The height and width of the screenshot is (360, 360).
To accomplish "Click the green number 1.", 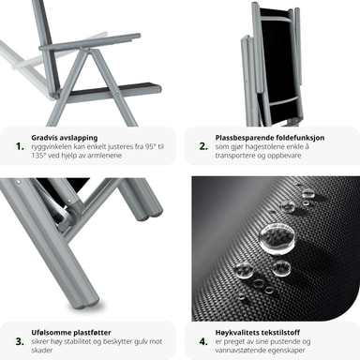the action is (20, 146).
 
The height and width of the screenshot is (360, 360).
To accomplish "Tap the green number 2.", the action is (203, 146).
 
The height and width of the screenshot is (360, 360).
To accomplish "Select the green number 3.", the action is (20, 341).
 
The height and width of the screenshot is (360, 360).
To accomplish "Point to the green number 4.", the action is (203, 341).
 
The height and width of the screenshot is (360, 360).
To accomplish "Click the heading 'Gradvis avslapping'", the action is (65, 138).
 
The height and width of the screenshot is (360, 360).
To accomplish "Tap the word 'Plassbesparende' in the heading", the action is (241, 138).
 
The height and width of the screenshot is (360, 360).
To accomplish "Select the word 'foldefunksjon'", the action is (297, 138).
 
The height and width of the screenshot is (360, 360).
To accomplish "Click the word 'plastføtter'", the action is (92, 333).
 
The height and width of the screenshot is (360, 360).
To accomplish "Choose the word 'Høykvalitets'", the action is (237, 333).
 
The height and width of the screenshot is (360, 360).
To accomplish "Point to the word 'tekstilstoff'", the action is (280, 333).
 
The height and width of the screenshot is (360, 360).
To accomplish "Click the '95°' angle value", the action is (149, 146).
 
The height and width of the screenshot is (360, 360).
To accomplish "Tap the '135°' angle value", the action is (38, 156).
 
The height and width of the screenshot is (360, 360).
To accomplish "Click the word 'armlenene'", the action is (104, 156).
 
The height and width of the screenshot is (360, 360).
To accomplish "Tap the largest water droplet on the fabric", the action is (277, 239).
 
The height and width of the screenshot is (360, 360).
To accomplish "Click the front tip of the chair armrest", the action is (138, 36).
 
